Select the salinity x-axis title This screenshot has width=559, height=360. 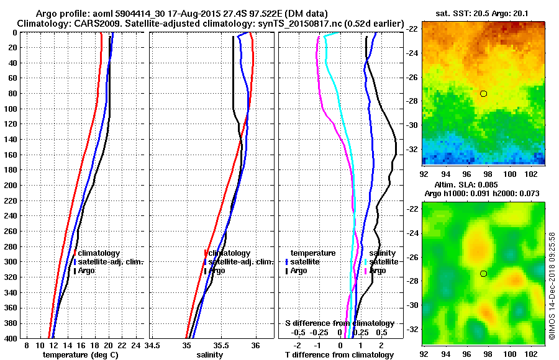[209, 355]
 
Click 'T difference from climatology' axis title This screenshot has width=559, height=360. [339, 355]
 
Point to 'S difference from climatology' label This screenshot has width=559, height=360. [339, 323]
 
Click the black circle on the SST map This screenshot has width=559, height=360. [483, 94]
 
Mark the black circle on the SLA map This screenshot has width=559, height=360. [483, 274]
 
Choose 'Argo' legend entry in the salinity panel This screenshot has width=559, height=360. [217, 271]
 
